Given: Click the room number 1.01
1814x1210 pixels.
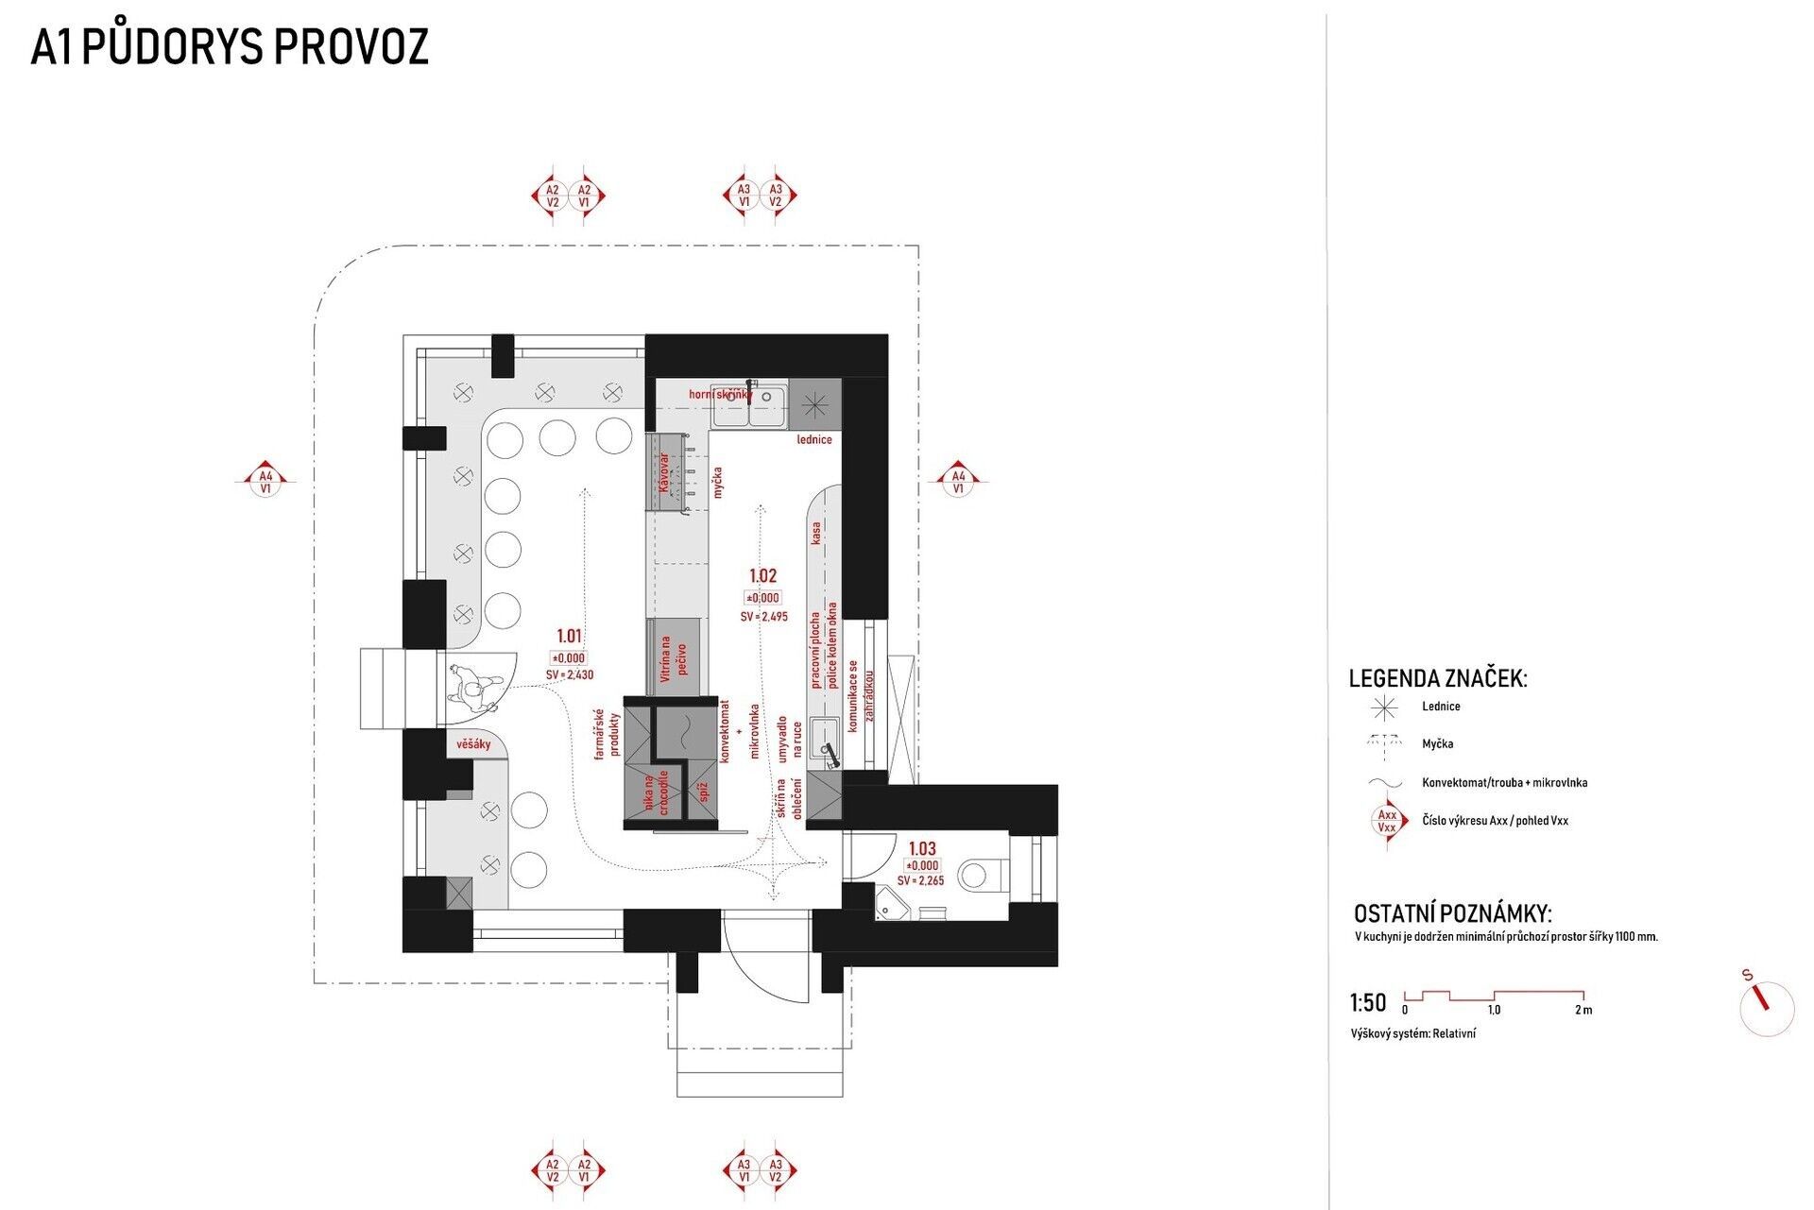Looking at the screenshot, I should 569,637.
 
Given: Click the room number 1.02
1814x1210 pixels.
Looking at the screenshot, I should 762,575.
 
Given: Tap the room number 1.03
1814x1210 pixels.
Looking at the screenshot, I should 921,848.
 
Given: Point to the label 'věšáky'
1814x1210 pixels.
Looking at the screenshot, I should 473,744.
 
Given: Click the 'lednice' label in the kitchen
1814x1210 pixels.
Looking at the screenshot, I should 814,440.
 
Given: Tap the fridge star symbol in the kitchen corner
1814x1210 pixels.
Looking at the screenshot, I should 813,402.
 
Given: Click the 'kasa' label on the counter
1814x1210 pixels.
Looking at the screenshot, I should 816,534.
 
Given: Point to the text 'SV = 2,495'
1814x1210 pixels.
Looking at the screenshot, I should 763,617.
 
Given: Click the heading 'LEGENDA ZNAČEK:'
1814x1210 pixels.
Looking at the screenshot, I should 1437,678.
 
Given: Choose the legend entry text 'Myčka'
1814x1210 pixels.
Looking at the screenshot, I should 1437,744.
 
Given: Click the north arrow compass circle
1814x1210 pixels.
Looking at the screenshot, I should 1766,1009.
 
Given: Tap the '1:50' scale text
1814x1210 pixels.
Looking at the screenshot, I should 1368,1003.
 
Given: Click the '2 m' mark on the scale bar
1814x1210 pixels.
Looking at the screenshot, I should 1583,1010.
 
